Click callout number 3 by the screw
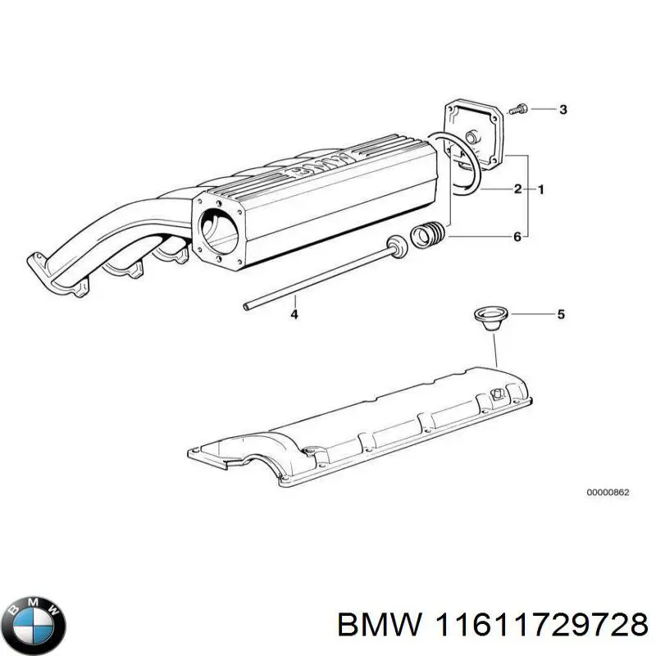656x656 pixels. [563, 110]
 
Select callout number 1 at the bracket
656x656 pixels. [540, 189]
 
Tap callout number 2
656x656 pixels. [517, 189]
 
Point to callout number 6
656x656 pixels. [517, 237]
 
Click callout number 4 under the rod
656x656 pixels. [294, 314]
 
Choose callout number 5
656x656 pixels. [561, 313]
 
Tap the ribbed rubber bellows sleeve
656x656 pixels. [428, 235]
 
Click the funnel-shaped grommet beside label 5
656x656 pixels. [490, 317]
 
